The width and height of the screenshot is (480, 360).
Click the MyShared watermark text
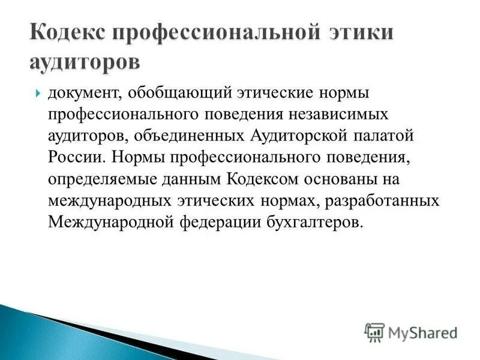coord(422,332)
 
